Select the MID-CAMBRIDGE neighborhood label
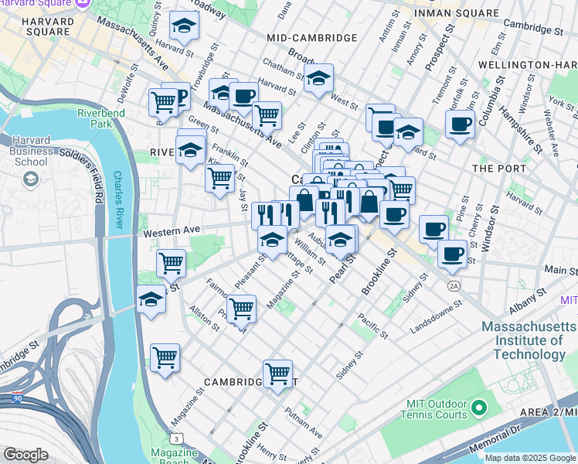tap(311, 38)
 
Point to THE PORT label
tap(499, 168)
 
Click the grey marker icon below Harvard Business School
tap(30, 179)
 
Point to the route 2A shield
tap(454, 286)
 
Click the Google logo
tap(25, 455)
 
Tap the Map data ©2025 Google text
tap(531, 458)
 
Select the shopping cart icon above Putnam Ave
tap(277, 374)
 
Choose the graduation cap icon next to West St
tap(318, 78)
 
